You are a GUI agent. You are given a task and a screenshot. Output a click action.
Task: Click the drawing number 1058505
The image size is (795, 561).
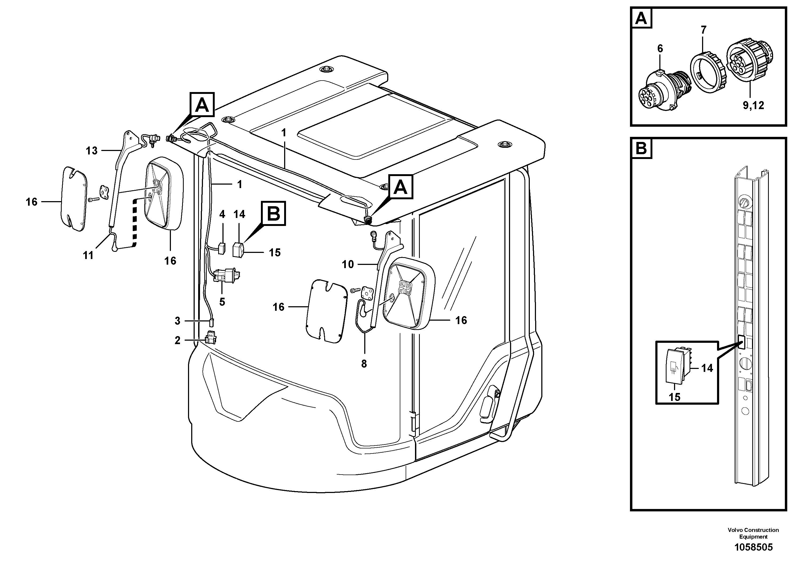[x=753, y=547]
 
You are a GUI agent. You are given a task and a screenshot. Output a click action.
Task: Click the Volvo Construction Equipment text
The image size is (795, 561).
[x=753, y=533]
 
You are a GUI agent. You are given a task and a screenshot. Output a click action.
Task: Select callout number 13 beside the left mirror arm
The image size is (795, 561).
[x=92, y=151]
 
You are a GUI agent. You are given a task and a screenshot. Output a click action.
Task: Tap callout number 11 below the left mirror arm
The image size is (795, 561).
[x=88, y=255]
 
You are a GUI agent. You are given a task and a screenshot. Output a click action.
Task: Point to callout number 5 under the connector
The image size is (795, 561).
[x=222, y=302]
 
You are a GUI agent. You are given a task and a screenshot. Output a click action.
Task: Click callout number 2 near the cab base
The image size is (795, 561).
[x=177, y=341]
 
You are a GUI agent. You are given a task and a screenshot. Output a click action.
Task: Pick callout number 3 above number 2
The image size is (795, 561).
[x=177, y=321]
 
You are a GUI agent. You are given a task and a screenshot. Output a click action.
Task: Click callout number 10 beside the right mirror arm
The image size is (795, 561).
[x=348, y=265]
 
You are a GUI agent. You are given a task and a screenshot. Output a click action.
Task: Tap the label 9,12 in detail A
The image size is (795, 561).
[x=753, y=105]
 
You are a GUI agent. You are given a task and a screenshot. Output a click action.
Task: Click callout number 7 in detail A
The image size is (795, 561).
[x=703, y=30]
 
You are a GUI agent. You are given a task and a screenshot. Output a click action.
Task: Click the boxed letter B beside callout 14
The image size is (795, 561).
[x=273, y=214]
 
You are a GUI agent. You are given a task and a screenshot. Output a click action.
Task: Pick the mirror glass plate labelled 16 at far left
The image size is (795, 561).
[x=74, y=199]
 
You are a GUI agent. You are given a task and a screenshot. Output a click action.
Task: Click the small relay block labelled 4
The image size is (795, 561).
[x=222, y=248]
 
